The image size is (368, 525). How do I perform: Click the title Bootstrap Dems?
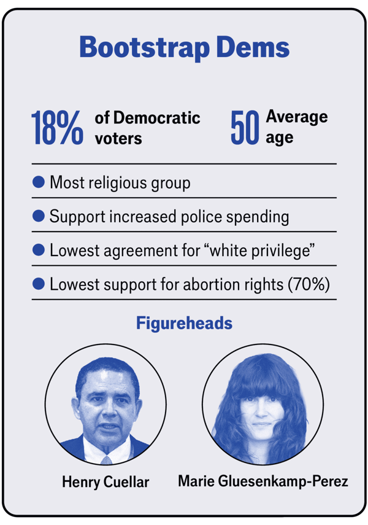click(184, 48)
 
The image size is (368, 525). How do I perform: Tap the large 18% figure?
click(57, 128)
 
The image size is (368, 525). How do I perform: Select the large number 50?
click(245, 128)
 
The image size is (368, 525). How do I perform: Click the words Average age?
click(297, 126)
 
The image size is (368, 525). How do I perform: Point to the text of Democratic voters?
click(147, 128)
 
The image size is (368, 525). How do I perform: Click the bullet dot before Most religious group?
click(39, 182)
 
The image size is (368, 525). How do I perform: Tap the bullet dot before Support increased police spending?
click(39, 216)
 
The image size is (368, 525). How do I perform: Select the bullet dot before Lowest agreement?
click(39, 250)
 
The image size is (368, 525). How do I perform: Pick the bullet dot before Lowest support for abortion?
click(39, 284)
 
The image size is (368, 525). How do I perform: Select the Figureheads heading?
click(184, 323)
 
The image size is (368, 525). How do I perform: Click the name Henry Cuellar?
click(105, 482)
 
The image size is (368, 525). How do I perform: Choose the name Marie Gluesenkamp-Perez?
click(263, 481)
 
